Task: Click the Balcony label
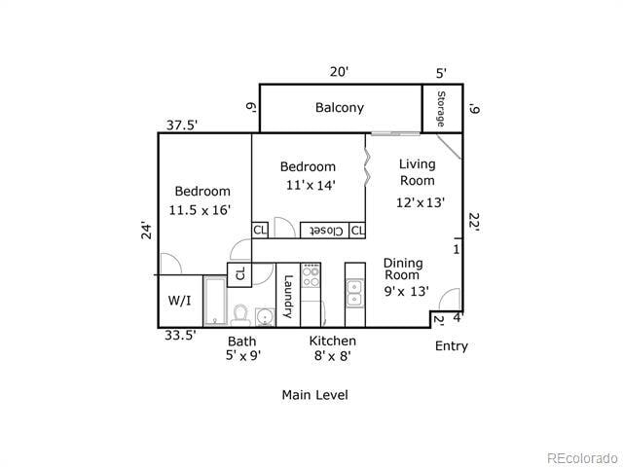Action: (x=339, y=108)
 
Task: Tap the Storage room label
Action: (x=440, y=109)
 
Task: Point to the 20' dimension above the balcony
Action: (x=338, y=72)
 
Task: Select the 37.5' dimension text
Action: (x=181, y=125)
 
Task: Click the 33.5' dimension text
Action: (x=179, y=335)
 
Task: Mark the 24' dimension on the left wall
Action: (x=146, y=231)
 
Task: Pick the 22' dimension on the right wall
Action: (x=473, y=222)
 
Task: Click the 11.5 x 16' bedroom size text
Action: (x=202, y=210)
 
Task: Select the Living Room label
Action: (x=418, y=172)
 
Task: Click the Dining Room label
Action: (x=402, y=269)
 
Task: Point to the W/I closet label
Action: (x=179, y=302)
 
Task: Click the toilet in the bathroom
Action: (x=239, y=314)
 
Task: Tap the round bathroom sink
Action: (x=263, y=317)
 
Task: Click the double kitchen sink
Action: (x=354, y=291)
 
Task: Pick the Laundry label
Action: (x=288, y=297)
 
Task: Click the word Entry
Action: (x=451, y=346)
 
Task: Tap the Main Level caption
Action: (x=314, y=395)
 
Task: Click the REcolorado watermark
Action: (x=580, y=457)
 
